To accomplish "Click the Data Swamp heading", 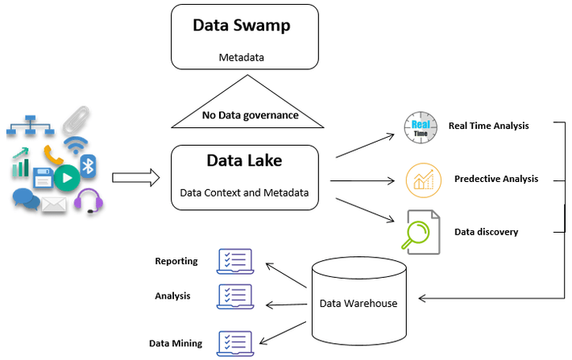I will (x=241, y=25).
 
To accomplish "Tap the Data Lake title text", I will (x=243, y=160).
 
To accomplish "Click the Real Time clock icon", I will (x=420, y=128).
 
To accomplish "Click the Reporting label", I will (x=176, y=261).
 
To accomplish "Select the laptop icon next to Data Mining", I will (x=234, y=341).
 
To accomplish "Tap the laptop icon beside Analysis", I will (x=234, y=296).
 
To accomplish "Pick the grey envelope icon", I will (x=54, y=205).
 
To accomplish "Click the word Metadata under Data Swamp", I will (x=241, y=58).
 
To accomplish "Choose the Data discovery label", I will (x=486, y=232).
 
